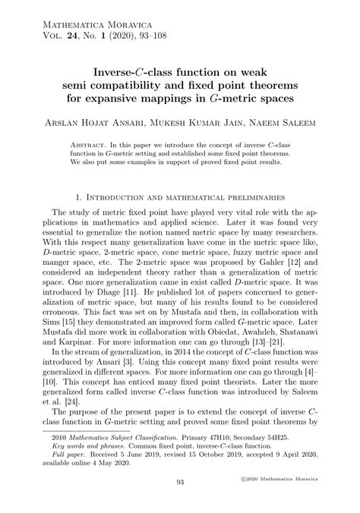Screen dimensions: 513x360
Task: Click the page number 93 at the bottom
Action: (x=180, y=502)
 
